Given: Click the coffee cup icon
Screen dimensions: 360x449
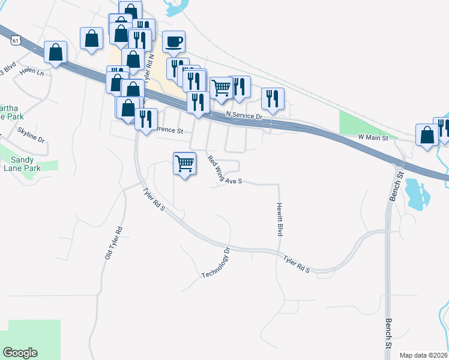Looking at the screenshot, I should click(x=173, y=41).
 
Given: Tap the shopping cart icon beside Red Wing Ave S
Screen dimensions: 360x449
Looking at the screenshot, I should click(x=184, y=163).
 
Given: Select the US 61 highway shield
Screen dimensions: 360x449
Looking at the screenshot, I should click(x=16, y=40).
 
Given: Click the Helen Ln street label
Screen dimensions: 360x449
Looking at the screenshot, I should click(x=32, y=73).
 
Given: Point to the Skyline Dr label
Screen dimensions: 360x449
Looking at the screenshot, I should click(x=31, y=134).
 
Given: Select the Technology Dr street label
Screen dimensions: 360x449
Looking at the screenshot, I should click(x=216, y=263).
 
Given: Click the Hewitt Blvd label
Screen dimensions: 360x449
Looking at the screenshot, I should click(x=280, y=219).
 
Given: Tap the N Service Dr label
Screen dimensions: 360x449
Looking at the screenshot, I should click(x=244, y=116).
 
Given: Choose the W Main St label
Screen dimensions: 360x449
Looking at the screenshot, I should click(x=373, y=137).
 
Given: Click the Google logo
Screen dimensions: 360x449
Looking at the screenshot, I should click(x=20, y=353).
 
